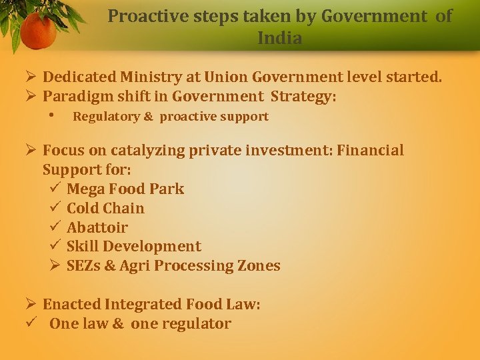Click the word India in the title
(x=279, y=39)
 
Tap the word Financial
(x=370, y=151)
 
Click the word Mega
(x=85, y=189)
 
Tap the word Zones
(x=259, y=266)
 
